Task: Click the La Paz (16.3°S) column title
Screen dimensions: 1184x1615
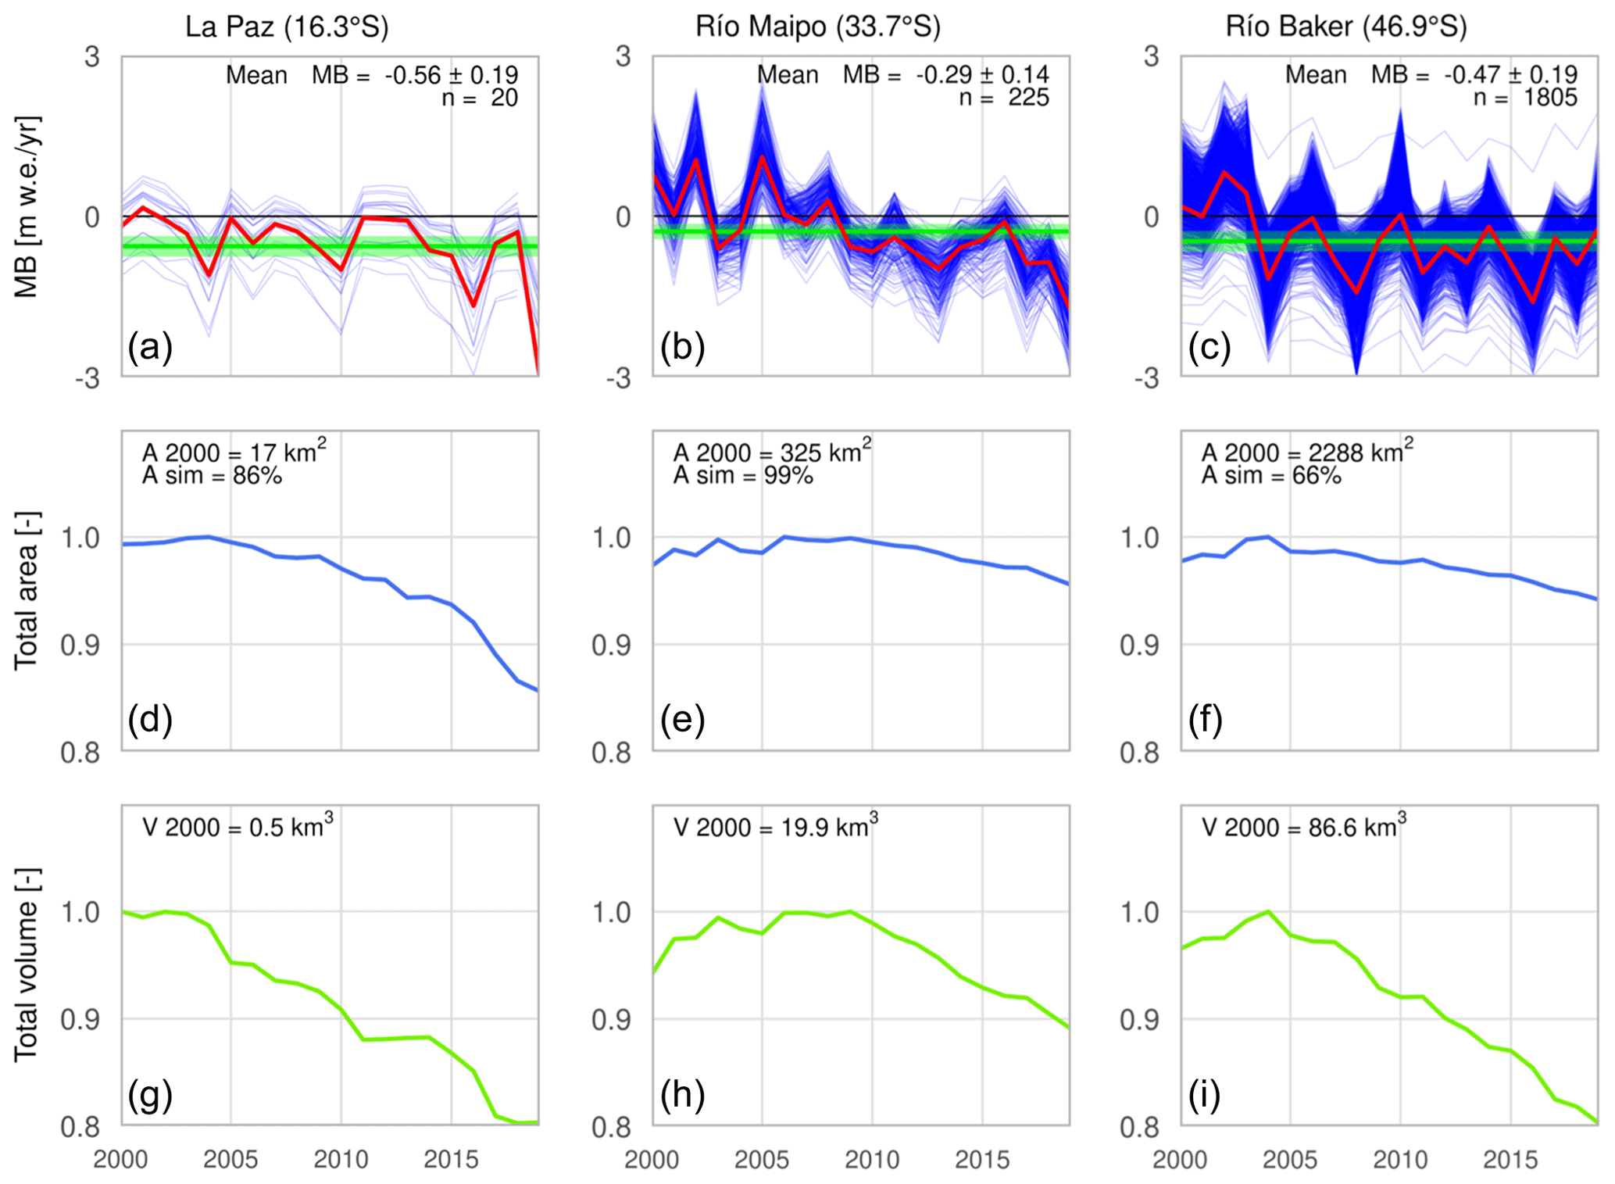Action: [x=287, y=27]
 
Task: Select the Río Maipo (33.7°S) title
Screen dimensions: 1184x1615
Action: [x=818, y=27]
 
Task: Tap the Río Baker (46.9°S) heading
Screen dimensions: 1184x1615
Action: [x=1346, y=27]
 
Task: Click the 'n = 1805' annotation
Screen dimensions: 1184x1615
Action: [x=1525, y=98]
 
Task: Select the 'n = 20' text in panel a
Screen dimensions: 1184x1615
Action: [x=480, y=98]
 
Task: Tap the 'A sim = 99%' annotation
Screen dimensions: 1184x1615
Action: [x=743, y=476]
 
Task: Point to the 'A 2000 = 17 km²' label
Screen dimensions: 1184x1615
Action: [x=234, y=452]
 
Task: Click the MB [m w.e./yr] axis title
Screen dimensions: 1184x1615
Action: [x=27, y=207]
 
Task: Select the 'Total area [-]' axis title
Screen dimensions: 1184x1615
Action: [x=27, y=591]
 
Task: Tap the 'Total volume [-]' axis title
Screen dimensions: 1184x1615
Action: [x=27, y=964]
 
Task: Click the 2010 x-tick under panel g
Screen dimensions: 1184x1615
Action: [x=341, y=1159]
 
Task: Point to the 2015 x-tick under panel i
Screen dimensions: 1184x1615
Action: [x=1510, y=1159]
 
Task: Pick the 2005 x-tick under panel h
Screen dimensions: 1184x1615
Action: [x=762, y=1159]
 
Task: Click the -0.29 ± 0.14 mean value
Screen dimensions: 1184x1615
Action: [x=982, y=75]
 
